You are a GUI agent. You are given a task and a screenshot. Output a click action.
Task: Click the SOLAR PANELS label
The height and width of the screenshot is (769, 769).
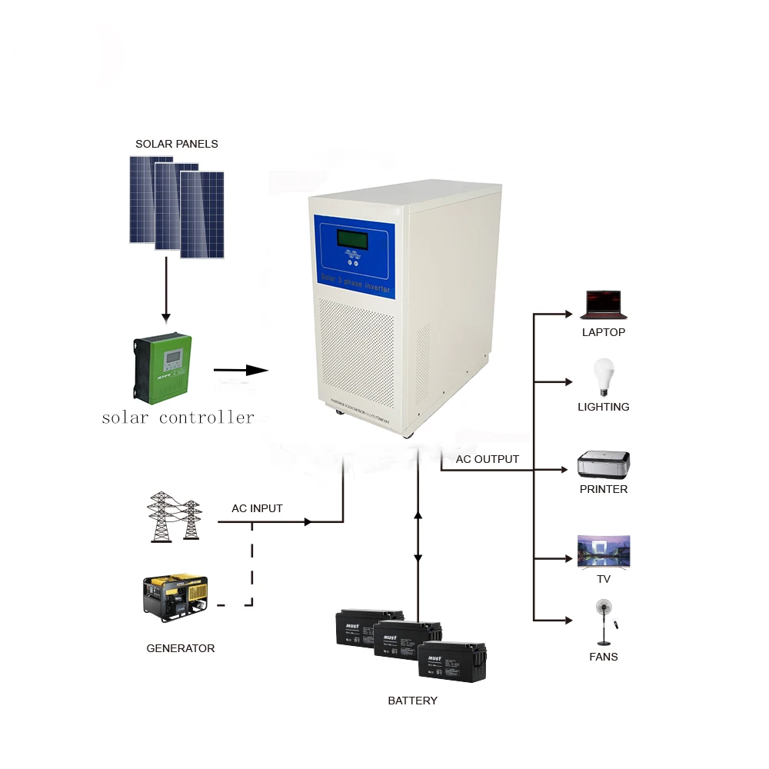pos(176,144)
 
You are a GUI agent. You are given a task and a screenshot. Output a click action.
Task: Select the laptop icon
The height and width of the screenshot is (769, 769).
pos(604,305)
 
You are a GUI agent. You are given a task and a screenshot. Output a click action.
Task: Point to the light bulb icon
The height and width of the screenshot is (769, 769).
pos(604,377)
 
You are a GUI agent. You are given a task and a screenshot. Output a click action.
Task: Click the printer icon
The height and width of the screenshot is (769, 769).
pos(604,464)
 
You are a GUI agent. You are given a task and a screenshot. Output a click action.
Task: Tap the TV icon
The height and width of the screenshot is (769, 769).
pos(604,551)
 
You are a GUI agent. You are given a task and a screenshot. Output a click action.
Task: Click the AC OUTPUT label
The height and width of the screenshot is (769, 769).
pos(487,459)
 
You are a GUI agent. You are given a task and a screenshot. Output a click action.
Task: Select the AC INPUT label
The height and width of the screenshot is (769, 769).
pos(257,508)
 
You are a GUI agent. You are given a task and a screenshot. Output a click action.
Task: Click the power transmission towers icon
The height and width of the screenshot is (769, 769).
pos(175,517)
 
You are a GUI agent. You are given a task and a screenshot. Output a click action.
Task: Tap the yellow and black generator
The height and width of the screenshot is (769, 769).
pos(175,597)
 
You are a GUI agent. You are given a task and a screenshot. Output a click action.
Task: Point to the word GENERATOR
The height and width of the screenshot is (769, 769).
pos(181,648)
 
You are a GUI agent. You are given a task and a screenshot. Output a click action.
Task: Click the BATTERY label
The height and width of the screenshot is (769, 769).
pos(412,701)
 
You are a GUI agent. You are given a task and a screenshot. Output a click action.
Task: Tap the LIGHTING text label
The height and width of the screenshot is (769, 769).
pos(604,407)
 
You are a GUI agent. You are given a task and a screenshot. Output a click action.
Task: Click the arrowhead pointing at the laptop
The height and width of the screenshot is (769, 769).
pos(569,314)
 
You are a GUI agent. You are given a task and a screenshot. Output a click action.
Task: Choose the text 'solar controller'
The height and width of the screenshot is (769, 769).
pos(178,418)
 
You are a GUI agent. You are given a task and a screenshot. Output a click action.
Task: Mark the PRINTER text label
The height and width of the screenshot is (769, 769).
pos(604,489)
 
